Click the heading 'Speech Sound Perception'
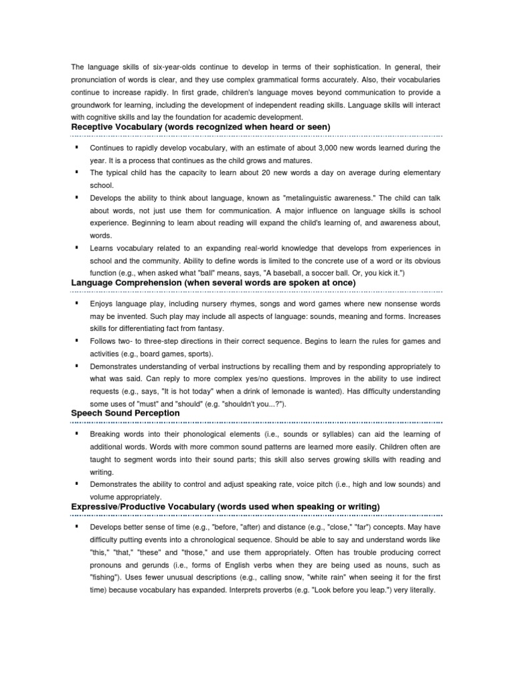point(125,413)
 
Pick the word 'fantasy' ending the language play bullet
point(209,329)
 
